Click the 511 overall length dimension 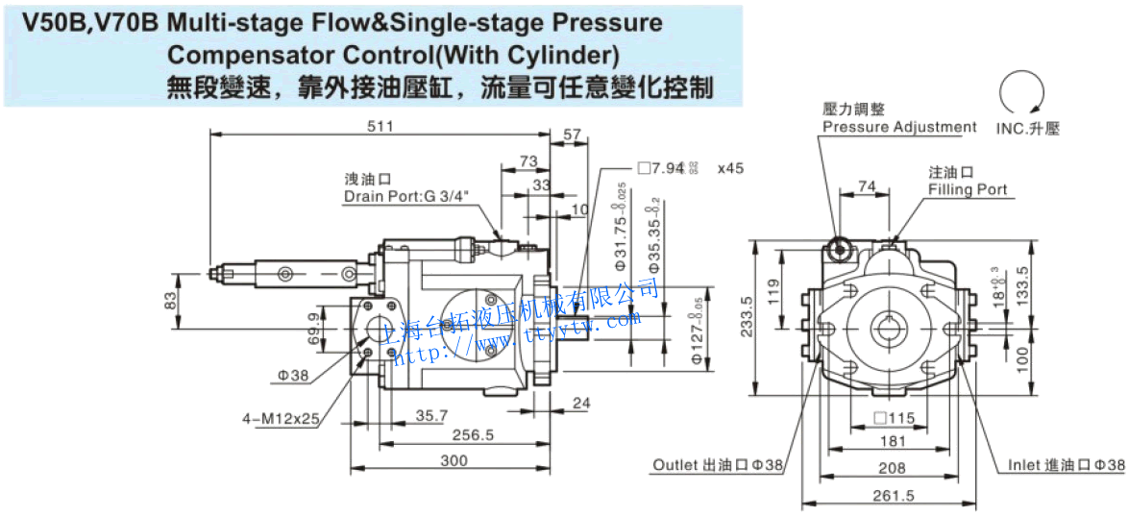click(381, 126)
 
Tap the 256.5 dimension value click(474, 435)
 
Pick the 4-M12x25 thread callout click(281, 419)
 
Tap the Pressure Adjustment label click(899, 127)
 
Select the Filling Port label click(968, 189)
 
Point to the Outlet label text click(677, 465)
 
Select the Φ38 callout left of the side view click(293, 375)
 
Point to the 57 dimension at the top click(572, 135)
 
